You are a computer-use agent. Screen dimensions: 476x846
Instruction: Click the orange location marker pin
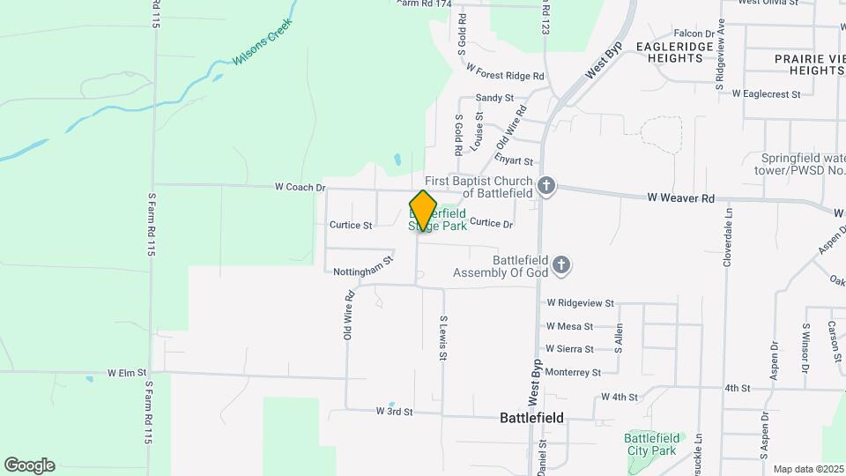[x=423, y=211]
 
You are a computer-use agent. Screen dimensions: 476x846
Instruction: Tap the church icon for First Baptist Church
[x=546, y=186]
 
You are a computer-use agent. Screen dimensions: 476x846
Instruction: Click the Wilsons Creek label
[x=262, y=43]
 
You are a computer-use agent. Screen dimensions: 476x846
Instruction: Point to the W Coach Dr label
[x=300, y=187]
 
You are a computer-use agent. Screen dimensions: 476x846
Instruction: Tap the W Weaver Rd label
[x=680, y=199]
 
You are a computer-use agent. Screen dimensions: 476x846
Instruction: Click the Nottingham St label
[x=362, y=266]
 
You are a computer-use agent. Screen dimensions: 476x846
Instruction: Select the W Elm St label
[x=126, y=374]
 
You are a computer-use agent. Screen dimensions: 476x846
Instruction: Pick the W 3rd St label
[x=394, y=411]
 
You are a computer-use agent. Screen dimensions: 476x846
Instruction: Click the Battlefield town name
[x=531, y=418]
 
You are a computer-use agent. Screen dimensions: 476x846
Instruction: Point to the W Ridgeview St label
[x=580, y=302]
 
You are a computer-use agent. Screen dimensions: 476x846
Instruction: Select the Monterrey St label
[x=573, y=373]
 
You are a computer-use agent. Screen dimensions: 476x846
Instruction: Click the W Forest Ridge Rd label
[x=506, y=76]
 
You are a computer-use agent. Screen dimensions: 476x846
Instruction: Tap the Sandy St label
[x=494, y=97]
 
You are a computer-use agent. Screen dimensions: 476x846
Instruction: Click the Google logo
[x=29, y=465]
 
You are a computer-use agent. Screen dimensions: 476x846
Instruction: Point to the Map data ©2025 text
[x=807, y=470]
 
